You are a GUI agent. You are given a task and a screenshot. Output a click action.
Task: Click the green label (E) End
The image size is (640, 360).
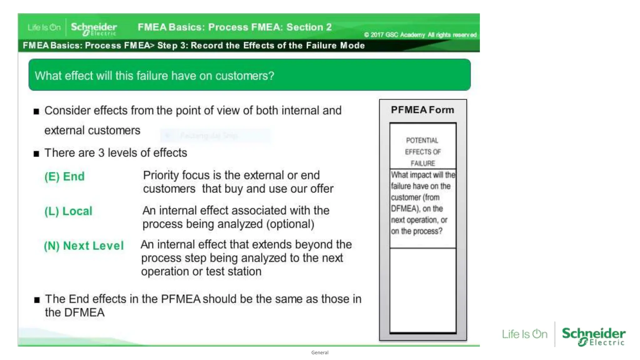[64, 177]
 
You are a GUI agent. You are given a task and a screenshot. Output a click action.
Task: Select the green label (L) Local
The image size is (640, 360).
[68, 211]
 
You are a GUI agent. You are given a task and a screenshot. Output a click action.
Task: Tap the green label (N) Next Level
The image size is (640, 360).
[84, 246]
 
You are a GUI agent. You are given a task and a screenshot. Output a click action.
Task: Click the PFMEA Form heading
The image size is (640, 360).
[422, 110]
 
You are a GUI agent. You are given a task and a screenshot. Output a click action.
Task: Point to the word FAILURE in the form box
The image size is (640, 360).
[422, 163]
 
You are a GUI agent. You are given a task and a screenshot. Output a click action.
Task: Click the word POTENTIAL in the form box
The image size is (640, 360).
[422, 141]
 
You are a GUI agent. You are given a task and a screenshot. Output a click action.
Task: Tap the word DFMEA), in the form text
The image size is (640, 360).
[404, 209]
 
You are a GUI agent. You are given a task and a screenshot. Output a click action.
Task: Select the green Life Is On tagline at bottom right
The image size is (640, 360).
[525, 334]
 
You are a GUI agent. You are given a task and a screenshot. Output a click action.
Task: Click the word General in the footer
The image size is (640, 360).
[320, 352]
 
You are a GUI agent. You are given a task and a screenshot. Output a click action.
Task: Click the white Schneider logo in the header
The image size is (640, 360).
[94, 28]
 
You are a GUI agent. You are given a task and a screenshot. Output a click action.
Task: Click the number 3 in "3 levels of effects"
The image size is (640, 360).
[101, 153]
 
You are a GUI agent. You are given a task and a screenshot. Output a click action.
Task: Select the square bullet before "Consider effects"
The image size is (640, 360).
[37, 112]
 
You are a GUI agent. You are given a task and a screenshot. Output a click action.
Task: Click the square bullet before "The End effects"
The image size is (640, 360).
[37, 300]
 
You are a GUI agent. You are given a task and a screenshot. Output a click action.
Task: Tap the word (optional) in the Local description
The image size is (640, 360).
[290, 224]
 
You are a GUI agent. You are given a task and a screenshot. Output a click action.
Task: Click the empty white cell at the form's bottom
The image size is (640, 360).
[423, 290]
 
